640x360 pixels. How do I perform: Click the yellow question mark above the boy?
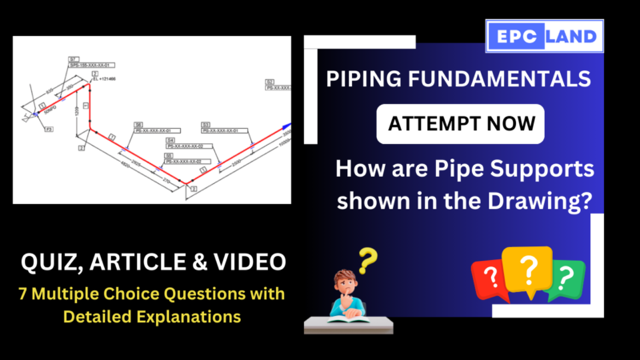pos(366,259)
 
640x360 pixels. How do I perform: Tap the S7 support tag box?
pos(74,58)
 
